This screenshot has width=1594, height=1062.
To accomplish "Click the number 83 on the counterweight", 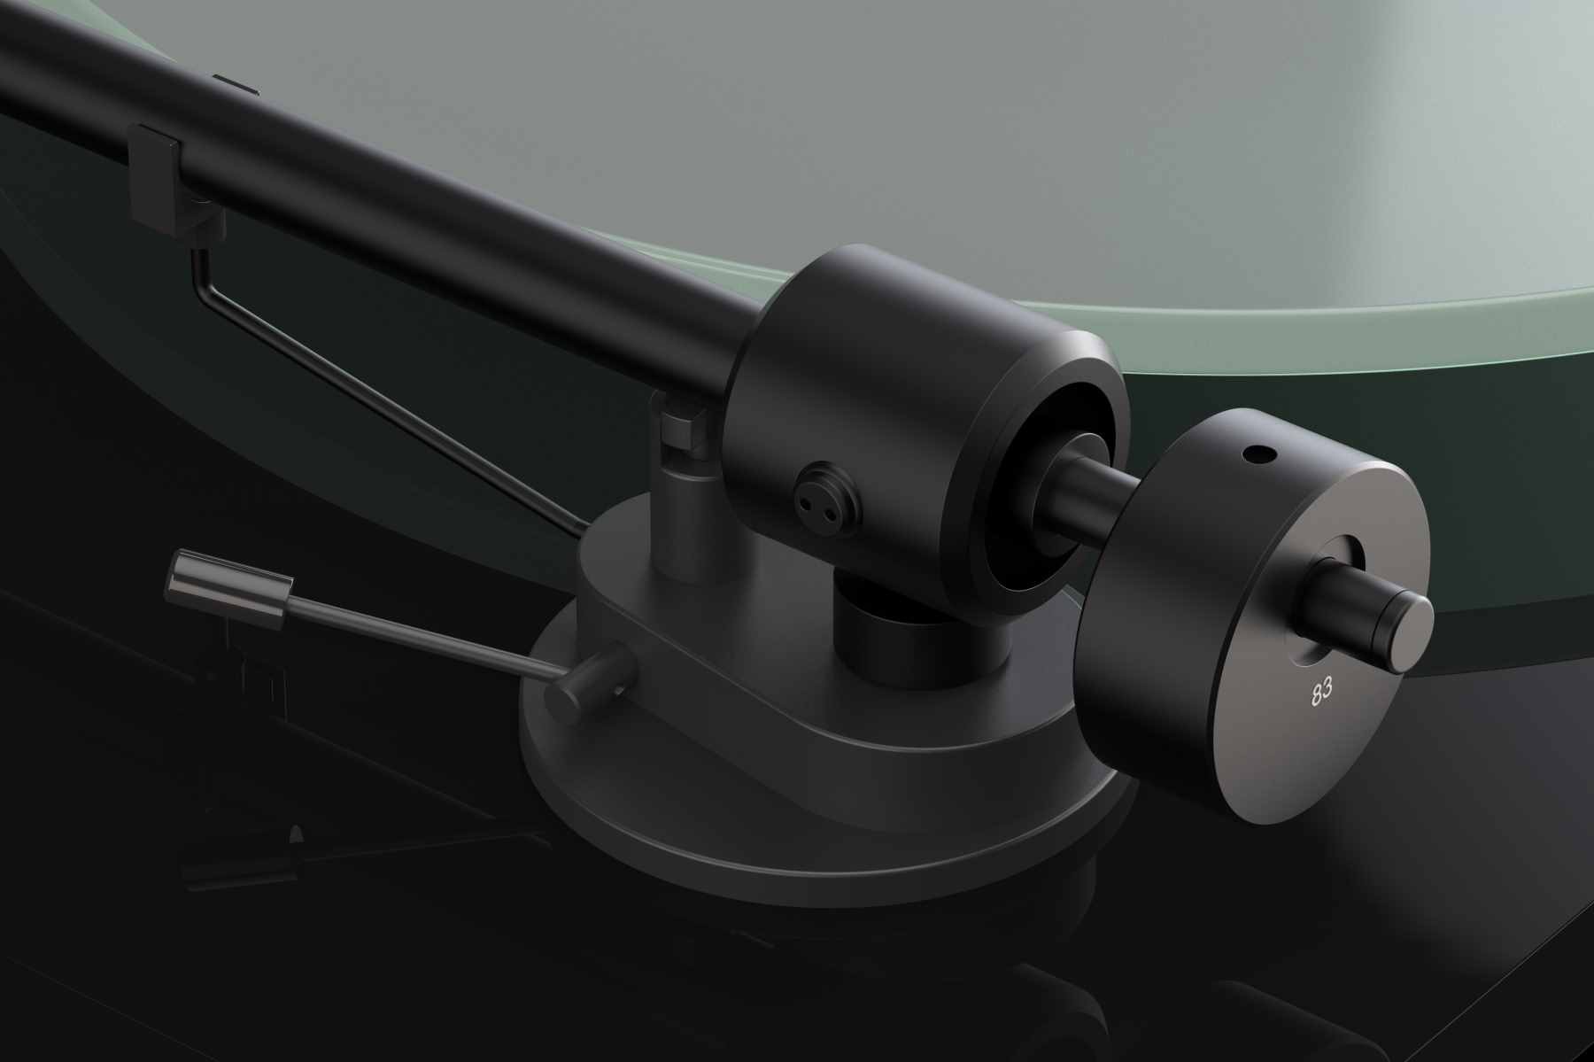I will (1320, 694).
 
